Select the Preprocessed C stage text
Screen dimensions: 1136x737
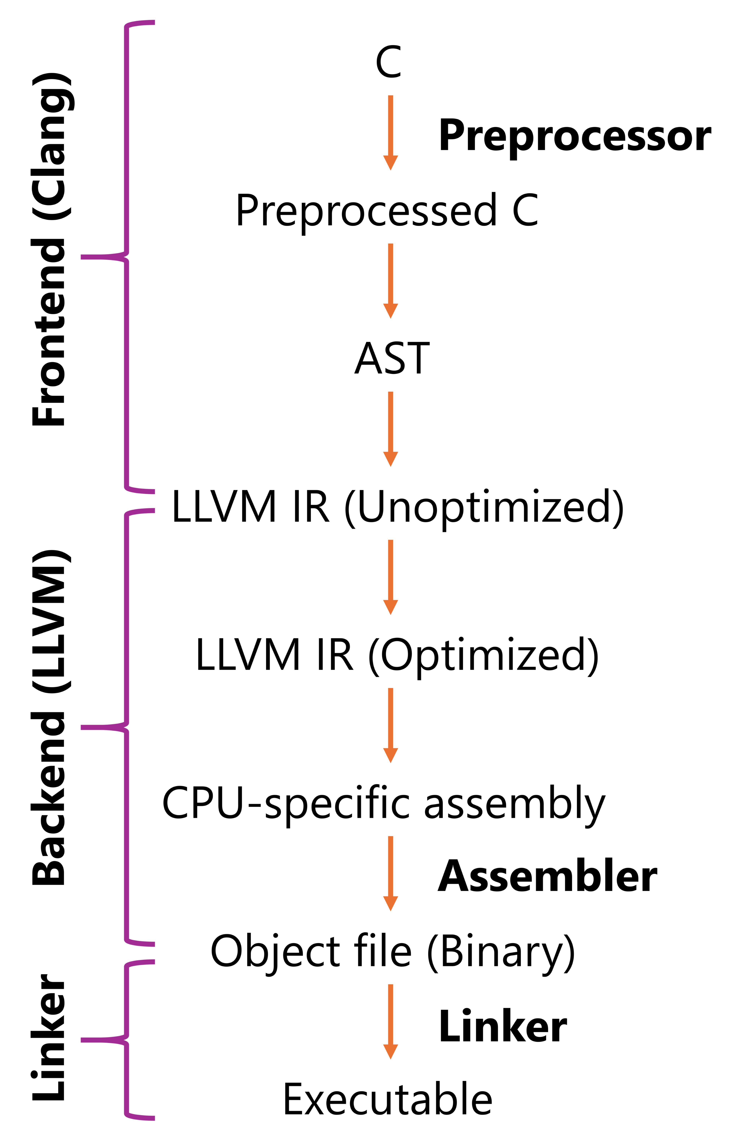point(387,211)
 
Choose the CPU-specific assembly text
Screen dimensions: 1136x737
point(383,804)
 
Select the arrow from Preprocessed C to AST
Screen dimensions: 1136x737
point(390,281)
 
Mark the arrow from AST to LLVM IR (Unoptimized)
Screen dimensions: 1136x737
point(390,429)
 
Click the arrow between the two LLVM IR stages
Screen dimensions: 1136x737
point(390,577)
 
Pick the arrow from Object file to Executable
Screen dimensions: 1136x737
point(390,1021)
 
